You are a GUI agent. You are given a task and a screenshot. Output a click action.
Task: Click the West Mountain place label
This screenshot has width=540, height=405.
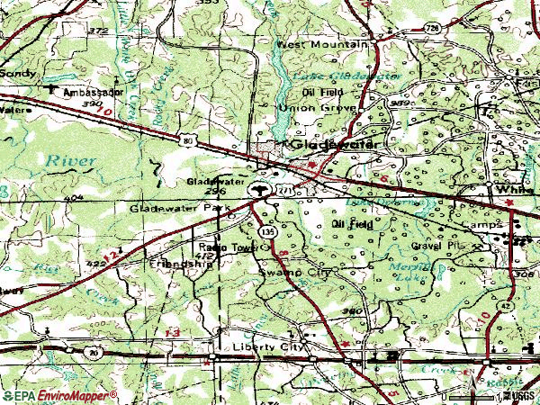tap(322, 44)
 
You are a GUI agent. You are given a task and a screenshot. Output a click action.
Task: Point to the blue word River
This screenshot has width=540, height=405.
tap(70, 160)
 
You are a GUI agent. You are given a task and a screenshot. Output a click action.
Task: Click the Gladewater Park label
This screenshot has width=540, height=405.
tap(175, 208)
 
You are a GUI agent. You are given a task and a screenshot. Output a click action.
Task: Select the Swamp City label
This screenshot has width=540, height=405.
tap(294, 270)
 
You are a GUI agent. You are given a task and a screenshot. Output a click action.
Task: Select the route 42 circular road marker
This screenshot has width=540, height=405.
tap(507, 306)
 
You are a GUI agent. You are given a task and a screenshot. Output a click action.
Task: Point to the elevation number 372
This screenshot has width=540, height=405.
tap(98, 31)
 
